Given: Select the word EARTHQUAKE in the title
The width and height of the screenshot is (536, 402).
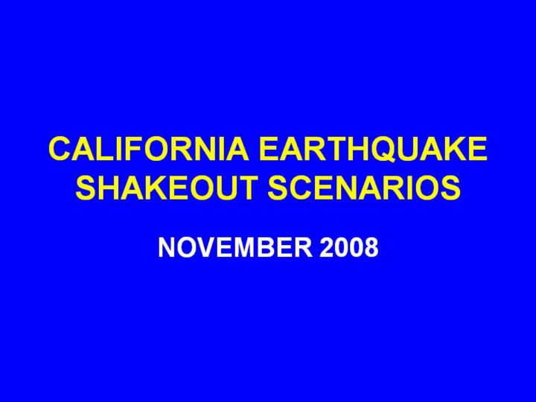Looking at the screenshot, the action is click(373, 149).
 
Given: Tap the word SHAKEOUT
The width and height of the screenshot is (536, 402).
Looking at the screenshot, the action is click(167, 188).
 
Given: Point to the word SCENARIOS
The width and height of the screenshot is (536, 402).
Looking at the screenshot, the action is click(364, 188).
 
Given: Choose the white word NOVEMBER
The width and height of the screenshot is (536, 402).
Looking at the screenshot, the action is click(235, 247).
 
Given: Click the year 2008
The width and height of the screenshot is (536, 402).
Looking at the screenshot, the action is click(349, 247).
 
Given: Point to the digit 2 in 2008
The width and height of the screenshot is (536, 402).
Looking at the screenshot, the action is click(327, 247).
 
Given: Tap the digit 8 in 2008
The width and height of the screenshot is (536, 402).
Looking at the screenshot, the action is click(371, 247).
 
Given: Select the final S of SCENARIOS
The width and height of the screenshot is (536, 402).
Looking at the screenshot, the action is click(450, 188).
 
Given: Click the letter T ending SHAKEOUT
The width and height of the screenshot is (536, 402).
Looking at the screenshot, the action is click(247, 188).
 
